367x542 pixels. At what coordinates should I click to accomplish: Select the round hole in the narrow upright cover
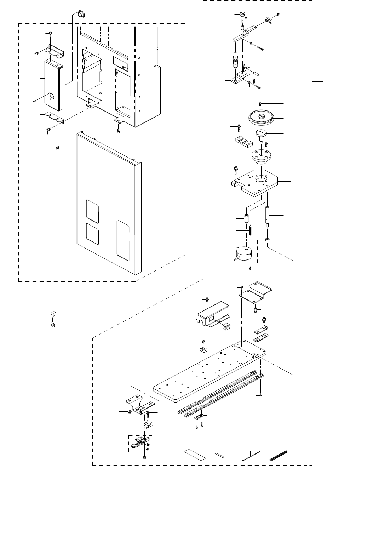pyautogui.click(x=51, y=96)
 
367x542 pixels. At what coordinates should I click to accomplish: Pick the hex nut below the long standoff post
pyautogui.click(x=268, y=240)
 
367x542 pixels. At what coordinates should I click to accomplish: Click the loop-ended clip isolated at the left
pyautogui.click(x=52, y=319)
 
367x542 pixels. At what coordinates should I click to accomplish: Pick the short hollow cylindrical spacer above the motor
pyautogui.click(x=246, y=217)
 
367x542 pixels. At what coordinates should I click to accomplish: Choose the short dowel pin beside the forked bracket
pyautogui.click(x=257, y=74)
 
